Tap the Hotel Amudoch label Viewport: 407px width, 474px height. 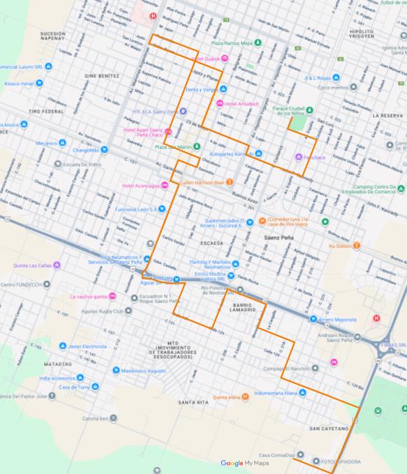242,103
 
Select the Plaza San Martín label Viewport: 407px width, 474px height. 172,147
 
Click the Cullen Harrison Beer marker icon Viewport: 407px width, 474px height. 229,182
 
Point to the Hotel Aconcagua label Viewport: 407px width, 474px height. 140,185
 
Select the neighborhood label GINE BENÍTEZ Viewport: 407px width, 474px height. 103,75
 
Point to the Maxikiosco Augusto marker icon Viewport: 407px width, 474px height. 116,370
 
